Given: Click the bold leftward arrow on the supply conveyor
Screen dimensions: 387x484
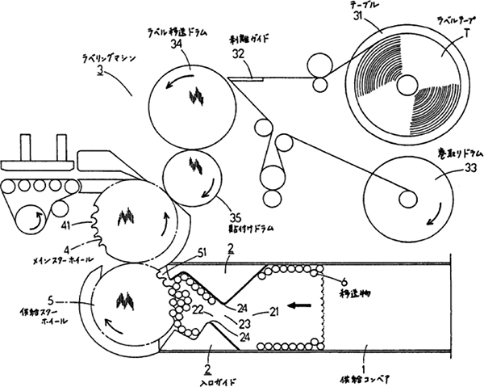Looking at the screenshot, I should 298,306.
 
